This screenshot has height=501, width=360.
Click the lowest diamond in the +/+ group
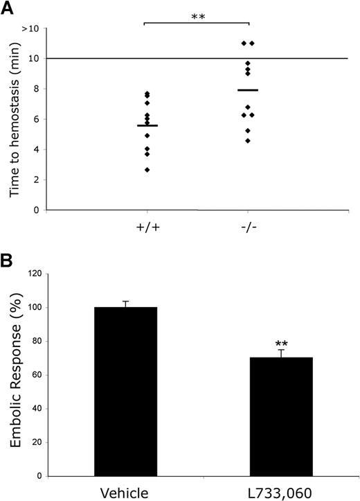[x=147, y=170]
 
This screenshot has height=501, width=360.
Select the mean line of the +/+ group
[x=147, y=125]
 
